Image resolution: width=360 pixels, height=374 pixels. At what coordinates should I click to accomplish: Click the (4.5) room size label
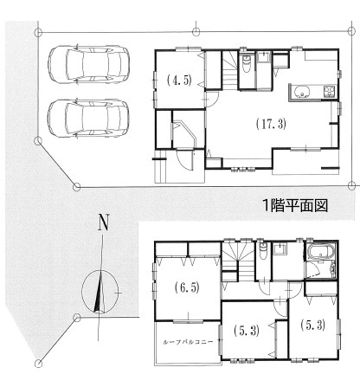179,81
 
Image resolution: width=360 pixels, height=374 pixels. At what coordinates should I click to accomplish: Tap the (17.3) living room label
271,124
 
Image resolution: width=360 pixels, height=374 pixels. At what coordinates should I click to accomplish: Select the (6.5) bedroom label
187,287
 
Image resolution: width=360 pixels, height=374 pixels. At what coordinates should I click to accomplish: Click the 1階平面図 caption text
295,206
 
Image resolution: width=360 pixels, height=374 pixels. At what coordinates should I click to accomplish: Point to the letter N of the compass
103,222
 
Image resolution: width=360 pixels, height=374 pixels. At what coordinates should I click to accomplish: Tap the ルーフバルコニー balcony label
188,342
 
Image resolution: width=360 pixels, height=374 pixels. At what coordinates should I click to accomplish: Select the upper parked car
88,65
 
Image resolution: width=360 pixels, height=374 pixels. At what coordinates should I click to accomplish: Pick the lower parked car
88,119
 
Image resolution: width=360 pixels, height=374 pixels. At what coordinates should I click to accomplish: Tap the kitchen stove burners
330,91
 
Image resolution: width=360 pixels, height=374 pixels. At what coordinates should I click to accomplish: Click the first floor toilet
247,63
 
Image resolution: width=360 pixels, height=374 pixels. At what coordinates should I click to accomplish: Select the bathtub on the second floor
321,253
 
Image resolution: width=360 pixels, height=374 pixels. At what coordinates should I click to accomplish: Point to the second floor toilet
262,250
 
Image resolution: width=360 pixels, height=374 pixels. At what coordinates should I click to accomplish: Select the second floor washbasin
280,249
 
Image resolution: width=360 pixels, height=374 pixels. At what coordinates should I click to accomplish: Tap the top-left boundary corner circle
38,32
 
